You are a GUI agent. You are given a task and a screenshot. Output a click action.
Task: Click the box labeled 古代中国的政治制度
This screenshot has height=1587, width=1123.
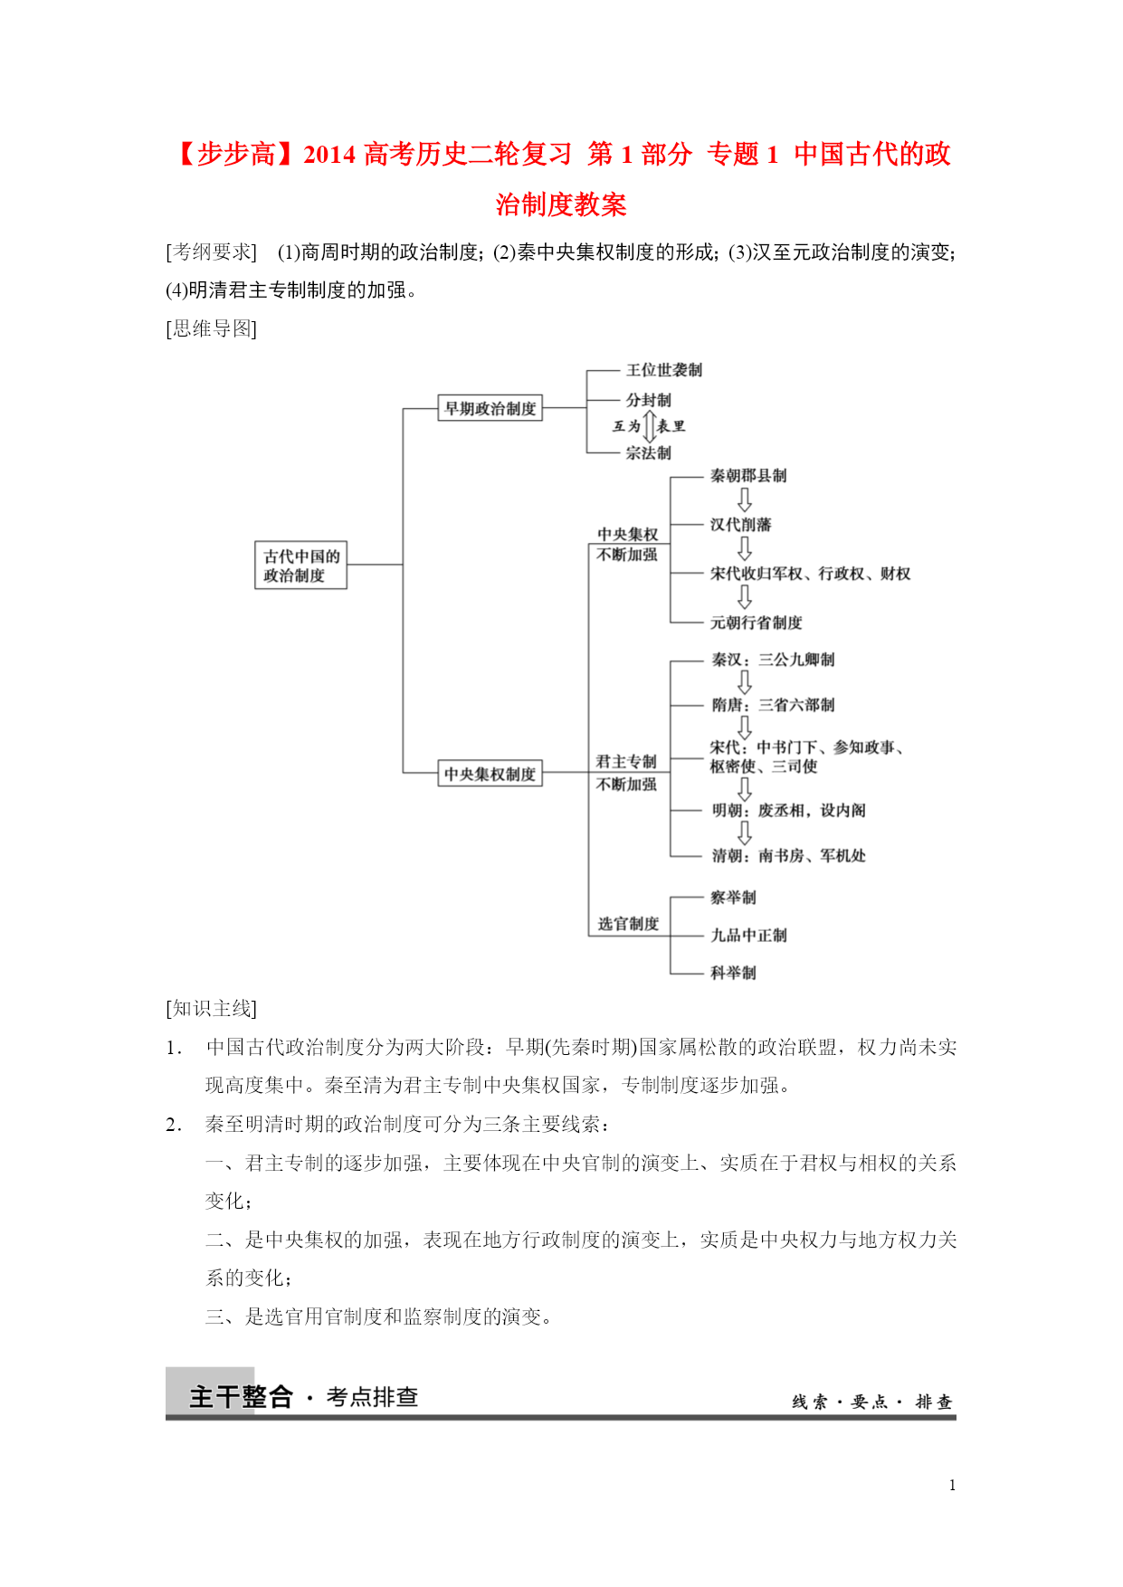[300, 565]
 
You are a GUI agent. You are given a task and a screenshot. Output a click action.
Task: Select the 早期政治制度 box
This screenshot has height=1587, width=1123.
[490, 408]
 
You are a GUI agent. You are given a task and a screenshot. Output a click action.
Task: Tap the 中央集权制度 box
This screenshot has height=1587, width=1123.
[490, 774]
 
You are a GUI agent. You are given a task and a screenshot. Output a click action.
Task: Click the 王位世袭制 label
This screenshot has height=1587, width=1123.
[663, 370]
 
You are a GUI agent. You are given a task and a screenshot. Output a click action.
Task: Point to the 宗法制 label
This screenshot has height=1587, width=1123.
[648, 452]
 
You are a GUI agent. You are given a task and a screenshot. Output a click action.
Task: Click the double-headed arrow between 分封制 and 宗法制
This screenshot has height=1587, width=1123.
[649, 426]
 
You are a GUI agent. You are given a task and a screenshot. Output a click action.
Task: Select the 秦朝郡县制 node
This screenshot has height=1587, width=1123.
[747, 476]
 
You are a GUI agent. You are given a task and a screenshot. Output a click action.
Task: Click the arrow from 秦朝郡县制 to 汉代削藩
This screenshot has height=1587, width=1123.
[744, 499]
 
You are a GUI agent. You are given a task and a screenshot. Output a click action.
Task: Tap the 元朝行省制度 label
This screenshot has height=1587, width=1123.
[756, 622]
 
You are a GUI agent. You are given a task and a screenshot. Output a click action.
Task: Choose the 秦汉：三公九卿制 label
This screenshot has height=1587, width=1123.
[772, 660]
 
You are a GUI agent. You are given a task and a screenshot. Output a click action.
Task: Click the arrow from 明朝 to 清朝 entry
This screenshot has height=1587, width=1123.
[744, 832]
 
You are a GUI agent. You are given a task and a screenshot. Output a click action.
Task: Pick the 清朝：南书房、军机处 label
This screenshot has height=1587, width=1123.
[787, 855]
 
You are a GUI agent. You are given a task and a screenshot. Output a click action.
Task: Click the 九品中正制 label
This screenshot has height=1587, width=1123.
[747, 935]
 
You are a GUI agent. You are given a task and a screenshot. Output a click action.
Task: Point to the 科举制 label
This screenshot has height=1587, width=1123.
[732, 973]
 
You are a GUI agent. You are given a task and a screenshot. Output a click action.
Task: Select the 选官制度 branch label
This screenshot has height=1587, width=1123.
[628, 924]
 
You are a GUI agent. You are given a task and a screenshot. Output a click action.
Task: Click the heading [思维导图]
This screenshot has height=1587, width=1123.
[212, 328]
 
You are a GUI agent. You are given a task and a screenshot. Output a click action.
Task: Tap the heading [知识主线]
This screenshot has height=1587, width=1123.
[212, 1008]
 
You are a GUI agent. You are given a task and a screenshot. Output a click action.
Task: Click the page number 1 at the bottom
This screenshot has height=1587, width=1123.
[952, 1485]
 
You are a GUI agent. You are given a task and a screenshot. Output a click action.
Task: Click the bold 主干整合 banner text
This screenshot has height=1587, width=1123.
[241, 1396]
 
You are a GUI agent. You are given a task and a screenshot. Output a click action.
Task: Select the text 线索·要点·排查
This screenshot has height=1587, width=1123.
[871, 1402]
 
